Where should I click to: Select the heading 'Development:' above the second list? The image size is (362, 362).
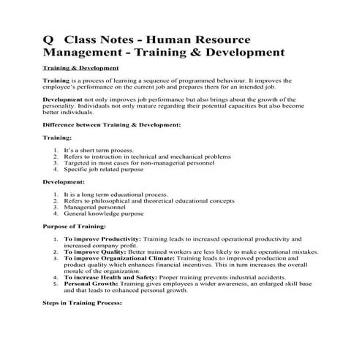pos(64,181)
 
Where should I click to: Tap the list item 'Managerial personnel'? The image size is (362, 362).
pos(97,207)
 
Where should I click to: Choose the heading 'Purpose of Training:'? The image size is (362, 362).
pos(74,227)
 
